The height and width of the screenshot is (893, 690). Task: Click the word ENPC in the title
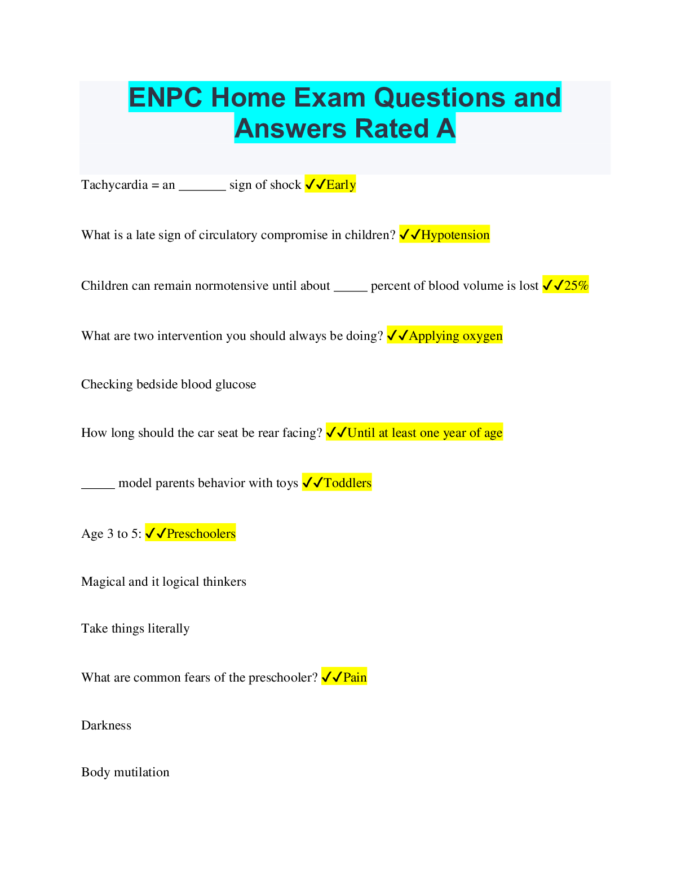pyautogui.click(x=165, y=98)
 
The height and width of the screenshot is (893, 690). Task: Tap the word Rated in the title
pyautogui.click(x=391, y=128)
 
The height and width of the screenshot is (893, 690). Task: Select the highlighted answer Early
pyautogui.click(x=340, y=185)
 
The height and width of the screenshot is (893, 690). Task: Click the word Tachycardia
pyautogui.click(x=114, y=184)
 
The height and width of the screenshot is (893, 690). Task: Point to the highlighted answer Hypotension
pyautogui.click(x=455, y=235)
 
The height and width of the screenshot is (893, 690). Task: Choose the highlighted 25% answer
pyautogui.click(x=576, y=285)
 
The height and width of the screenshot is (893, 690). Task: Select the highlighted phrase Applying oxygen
pyautogui.click(x=455, y=336)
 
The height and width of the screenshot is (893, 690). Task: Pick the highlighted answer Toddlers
pyautogui.click(x=347, y=483)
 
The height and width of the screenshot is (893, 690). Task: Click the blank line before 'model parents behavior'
pyautogui.click(x=98, y=488)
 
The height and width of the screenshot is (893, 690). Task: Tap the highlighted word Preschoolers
pyautogui.click(x=201, y=533)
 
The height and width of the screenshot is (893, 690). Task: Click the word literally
pyautogui.click(x=169, y=629)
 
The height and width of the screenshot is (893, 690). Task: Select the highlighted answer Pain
pyautogui.click(x=355, y=677)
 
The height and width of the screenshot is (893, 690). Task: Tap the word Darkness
pyautogui.click(x=107, y=726)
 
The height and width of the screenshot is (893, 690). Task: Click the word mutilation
pyautogui.click(x=141, y=772)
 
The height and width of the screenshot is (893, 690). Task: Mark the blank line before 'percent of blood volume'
pyautogui.click(x=351, y=291)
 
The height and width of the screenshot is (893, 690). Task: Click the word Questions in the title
pyautogui.click(x=439, y=98)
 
